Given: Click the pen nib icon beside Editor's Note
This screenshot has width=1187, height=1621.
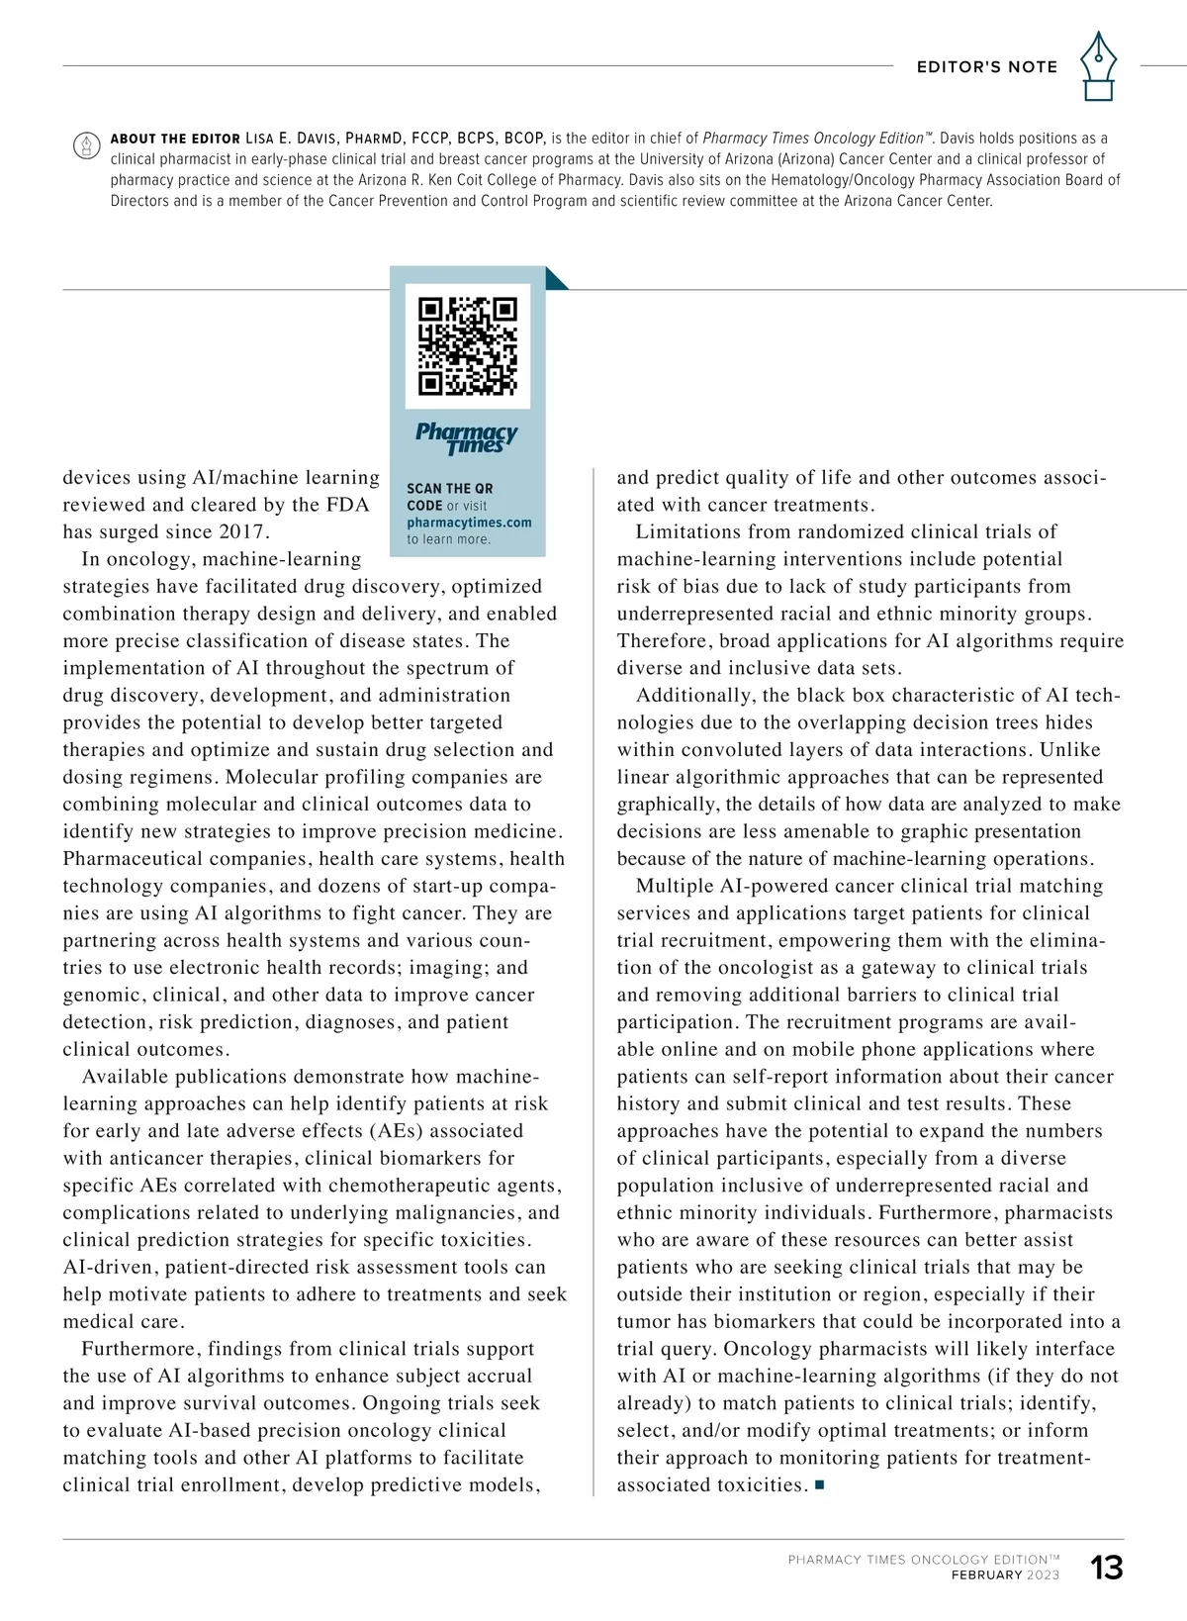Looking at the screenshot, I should (x=1098, y=66).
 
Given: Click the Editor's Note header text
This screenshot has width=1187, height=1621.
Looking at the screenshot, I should (x=987, y=67).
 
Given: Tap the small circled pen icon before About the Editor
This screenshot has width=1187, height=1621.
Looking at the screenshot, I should (x=87, y=145).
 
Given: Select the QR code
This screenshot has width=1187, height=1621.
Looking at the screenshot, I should (x=468, y=346).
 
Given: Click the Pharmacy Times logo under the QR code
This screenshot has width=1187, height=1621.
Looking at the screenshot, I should (x=467, y=436).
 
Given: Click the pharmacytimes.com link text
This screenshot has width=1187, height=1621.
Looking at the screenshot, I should (x=469, y=523).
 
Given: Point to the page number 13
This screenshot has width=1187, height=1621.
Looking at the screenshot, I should (x=1107, y=1568).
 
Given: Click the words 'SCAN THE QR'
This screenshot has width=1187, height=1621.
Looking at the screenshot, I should (x=449, y=489).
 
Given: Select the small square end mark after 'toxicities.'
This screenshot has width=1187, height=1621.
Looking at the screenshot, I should (x=819, y=1485).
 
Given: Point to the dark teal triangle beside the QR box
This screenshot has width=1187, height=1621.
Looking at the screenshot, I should (x=556, y=279).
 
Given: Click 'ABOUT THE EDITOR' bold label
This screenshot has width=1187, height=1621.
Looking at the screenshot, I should (x=175, y=139).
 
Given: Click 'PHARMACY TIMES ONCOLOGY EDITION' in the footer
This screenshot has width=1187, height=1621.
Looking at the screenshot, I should (x=917, y=1560).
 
